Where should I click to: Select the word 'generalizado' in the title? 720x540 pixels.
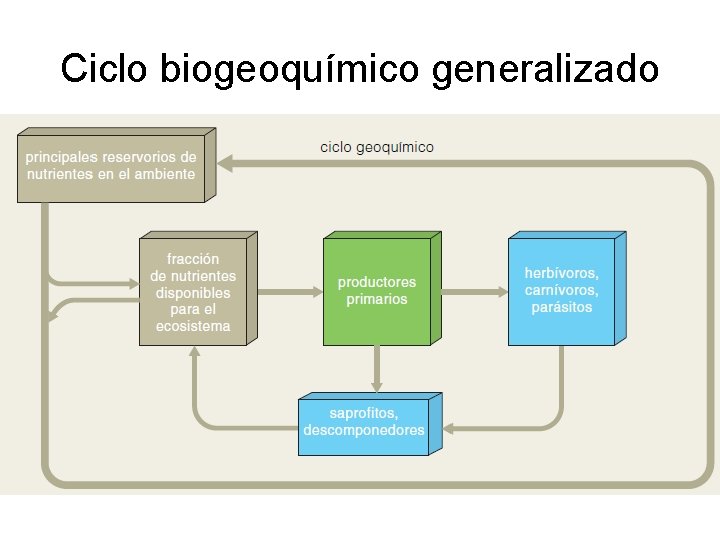(x=546, y=69)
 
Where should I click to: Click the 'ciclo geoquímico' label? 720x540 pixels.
(x=377, y=147)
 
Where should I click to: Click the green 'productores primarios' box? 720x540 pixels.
(x=377, y=291)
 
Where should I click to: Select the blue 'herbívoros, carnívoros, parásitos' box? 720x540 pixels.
(x=561, y=291)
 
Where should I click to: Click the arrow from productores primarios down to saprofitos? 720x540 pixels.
(x=377, y=369)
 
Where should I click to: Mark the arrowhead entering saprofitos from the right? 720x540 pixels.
(x=446, y=430)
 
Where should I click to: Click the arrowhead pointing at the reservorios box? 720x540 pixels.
(x=226, y=161)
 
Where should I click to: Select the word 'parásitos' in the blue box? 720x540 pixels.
(x=561, y=307)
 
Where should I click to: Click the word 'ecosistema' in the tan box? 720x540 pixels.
(x=192, y=326)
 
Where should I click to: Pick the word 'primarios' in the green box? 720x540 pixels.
(x=377, y=299)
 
